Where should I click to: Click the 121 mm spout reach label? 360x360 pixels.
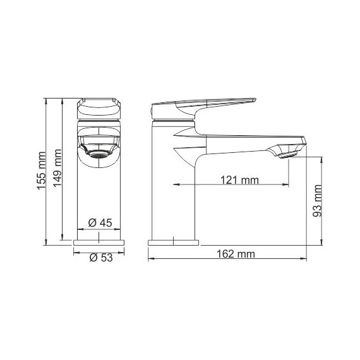239,180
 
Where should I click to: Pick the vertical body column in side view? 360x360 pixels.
174,189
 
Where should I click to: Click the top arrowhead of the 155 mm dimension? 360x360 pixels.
48,100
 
